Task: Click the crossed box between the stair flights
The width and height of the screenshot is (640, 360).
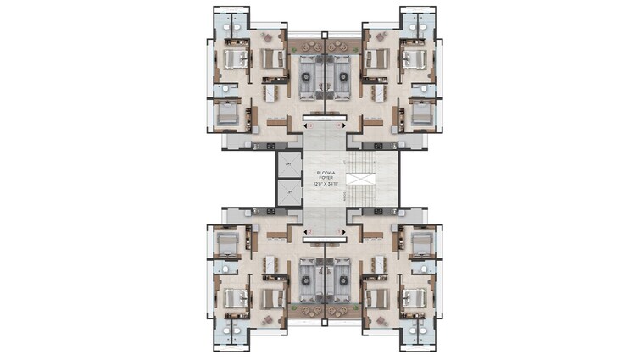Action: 359,180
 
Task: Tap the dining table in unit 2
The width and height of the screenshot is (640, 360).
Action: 274,265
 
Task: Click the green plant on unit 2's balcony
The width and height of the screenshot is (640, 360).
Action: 292,307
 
